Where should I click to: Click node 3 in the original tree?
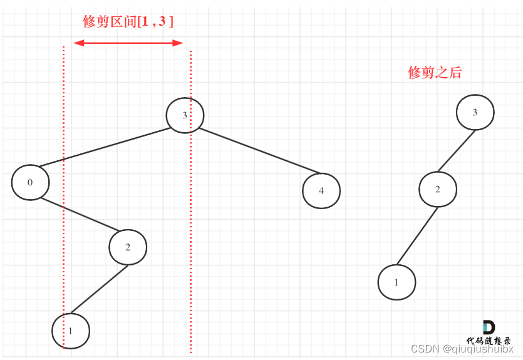click(185, 115)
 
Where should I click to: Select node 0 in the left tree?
click(30, 183)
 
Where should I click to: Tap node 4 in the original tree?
click(321, 191)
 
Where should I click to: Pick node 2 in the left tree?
click(128, 247)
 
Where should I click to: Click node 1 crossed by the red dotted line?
click(71, 330)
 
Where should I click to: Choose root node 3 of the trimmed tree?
click(475, 113)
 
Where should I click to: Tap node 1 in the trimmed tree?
click(396, 282)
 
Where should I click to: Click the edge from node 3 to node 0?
click(103, 148)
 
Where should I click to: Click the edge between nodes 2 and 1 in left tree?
click(99, 289)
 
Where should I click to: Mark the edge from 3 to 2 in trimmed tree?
click(456, 151)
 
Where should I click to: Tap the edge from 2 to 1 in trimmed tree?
click(417, 236)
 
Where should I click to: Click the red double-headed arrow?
click(128, 43)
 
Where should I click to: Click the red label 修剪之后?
click(434, 73)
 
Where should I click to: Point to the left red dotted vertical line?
click(64, 188)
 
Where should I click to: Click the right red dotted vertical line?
click(191, 250)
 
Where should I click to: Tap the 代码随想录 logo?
click(489, 332)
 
